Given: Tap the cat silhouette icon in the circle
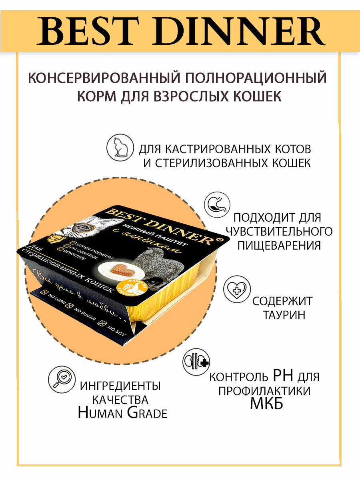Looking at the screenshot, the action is tap(120, 148).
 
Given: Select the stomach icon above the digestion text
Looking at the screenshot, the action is tap(217, 206).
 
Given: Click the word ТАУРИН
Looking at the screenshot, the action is tap(284, 315).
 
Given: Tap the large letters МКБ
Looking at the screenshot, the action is tap(266, 403).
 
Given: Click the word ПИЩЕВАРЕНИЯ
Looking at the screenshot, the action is tap(279, 245).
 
